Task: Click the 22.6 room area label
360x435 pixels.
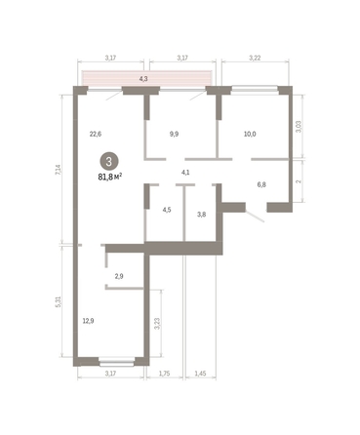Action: [x=96, y=135]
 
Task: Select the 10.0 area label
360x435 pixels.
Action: [x=250, y=135]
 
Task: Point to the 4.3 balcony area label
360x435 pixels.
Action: [x=144, y=78]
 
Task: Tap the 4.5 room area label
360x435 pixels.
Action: [x=167, y=209]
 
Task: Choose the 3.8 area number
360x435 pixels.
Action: [x=202, y=215]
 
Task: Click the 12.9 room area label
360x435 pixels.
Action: [x=89, y=320]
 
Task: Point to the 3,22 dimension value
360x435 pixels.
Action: [x=256, y=58]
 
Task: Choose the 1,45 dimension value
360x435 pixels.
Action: [x=199, y=373]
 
